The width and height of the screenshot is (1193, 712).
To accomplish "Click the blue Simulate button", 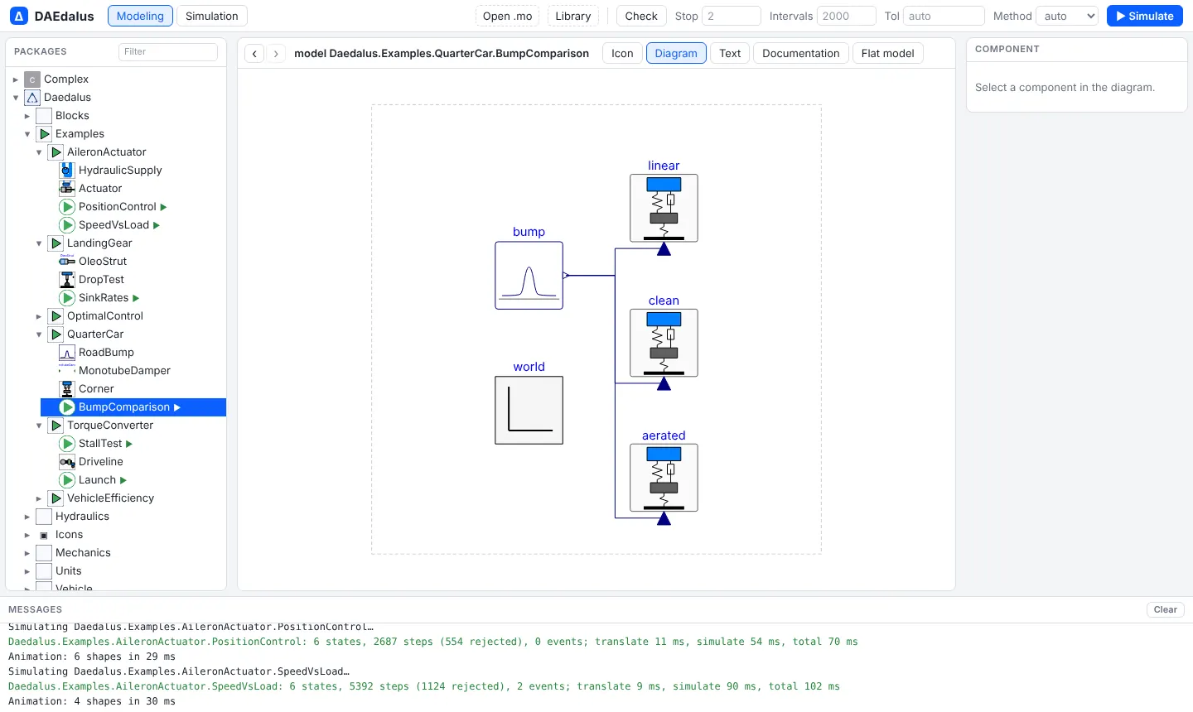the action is pos(1145,16).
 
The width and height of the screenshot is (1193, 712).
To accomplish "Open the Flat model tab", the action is pos(887,53).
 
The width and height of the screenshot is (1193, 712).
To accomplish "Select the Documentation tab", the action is pos(800,53).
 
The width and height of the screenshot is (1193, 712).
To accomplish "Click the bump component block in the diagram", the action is pos(529,275).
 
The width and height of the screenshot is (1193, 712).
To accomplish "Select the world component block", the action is pos(529,411).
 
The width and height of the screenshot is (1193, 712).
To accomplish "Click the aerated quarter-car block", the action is pos(664,478).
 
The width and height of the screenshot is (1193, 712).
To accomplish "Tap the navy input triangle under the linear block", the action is pos(664,248).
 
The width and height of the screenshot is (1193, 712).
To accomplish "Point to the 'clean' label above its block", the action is pos(664,301).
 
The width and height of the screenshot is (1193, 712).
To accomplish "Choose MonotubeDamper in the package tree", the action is pos(124,370).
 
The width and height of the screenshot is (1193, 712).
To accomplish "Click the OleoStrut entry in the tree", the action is pos(102,262).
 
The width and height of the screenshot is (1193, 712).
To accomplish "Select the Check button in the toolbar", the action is pos(640,16).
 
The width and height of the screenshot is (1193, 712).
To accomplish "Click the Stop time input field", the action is pos(731,16).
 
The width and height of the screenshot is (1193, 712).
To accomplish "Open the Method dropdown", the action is pos(1067,16).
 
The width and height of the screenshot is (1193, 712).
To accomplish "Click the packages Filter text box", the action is pos(167,51).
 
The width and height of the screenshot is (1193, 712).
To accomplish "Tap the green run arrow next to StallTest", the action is pos(129,444).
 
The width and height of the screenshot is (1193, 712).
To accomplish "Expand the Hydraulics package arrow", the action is pos(27,517).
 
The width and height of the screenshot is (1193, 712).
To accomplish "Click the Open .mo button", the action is pos(507,16).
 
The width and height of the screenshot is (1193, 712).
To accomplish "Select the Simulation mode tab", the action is pos(211,16).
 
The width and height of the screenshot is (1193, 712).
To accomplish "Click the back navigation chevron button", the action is pos(254,53).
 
